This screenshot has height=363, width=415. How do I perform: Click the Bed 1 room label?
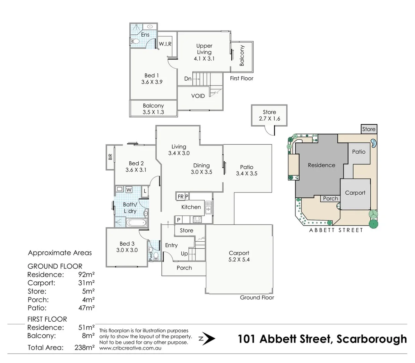coord(152,76)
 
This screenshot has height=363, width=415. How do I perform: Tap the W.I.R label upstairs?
coord(165,44)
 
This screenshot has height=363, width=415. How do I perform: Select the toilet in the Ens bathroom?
coord(135,41)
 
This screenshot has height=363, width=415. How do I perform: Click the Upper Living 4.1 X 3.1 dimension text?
coord(204,58)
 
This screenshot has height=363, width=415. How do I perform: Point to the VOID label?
coord(198,96)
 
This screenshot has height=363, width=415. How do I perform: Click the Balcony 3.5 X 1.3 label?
coord(153,109)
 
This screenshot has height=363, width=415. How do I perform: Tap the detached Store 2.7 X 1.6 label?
coord(269,115)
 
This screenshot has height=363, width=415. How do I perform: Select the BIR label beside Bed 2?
coord(110,157)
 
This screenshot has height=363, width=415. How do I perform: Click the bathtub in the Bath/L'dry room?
coord(136,223)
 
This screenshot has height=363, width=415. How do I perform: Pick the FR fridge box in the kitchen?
coord(180,197)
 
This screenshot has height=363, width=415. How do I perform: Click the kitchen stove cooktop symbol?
coord(197,220)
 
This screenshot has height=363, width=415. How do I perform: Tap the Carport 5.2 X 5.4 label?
coord(239,256)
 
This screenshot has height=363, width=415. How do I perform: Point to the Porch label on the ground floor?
coord(184,268)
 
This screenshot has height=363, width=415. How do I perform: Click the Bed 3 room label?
coord(127,244)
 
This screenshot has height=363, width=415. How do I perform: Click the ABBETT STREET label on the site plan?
coord(336,230)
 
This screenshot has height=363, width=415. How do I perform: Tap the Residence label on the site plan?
coord(321,165)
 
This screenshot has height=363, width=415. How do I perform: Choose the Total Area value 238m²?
coord(84,348)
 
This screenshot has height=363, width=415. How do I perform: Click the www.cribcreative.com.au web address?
coord(130,348)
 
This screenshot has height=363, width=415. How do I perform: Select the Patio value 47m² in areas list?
coord(86,308)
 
